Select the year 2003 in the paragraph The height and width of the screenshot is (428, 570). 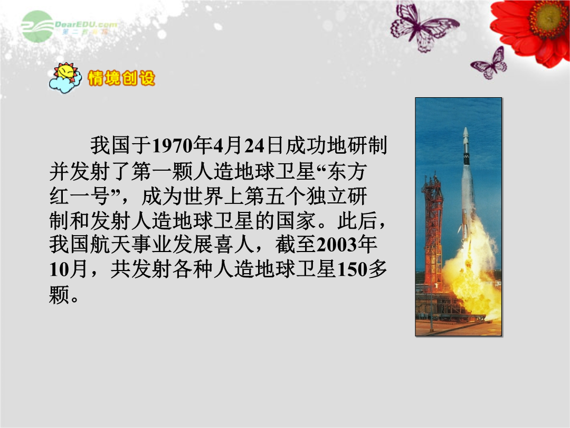(x=337, y=245)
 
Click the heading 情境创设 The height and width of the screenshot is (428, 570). (x=121, y=78)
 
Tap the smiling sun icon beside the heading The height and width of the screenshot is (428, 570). (x=65, y=78)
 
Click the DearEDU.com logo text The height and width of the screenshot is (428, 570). (x=86, y=25)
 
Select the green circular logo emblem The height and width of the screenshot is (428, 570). (x=37, y=26)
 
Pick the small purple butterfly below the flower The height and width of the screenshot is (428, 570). (x=490, y=64)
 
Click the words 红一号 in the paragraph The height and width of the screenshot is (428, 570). (x=80, y=196)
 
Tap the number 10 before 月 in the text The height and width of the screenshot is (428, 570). (x=59, y=269)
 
